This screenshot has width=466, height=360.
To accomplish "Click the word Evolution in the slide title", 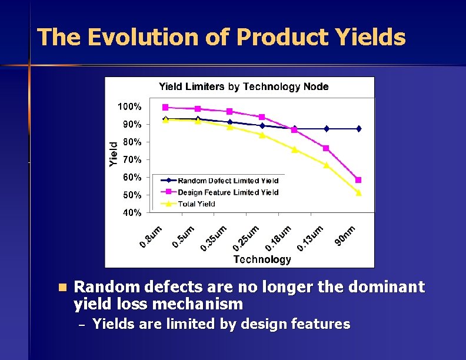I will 144,38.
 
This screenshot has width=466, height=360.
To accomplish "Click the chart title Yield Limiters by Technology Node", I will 244,87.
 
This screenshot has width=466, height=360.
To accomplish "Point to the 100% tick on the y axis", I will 129,107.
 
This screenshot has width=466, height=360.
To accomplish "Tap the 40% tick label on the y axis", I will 131,212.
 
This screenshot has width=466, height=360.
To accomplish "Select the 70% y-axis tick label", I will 131,159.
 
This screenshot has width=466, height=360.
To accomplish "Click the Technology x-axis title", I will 262,259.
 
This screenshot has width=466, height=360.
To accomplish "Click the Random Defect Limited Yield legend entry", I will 228,181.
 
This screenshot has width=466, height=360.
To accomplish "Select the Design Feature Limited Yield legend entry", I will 228,192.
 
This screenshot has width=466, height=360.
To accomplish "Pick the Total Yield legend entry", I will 197,204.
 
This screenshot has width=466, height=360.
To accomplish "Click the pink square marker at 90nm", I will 358,180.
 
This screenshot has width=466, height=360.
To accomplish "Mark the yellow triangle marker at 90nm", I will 358,192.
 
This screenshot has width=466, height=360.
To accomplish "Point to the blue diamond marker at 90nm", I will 358,129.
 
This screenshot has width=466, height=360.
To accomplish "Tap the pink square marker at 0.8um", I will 165,108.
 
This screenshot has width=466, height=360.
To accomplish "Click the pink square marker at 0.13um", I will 326,148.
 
